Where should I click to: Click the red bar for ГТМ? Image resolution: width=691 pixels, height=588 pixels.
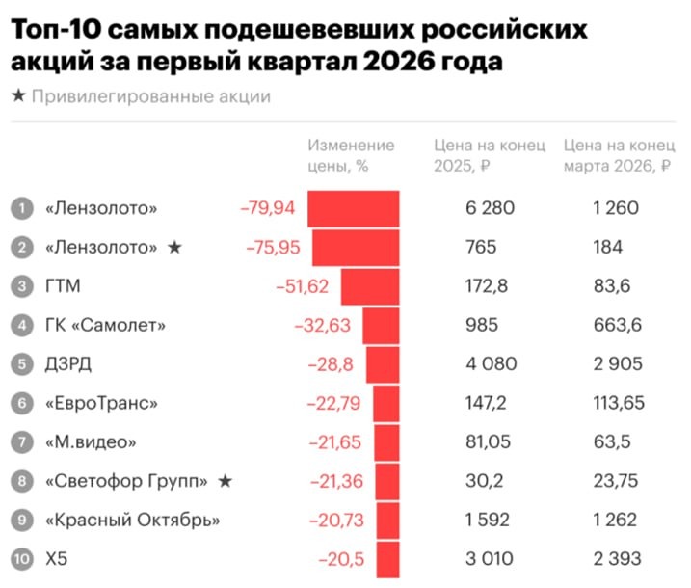(370, 286)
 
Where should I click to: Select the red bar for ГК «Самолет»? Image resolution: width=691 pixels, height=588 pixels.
(381, 326)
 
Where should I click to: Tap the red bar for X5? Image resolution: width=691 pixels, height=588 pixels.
(387, 560)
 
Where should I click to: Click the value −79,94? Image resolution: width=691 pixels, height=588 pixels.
(270, 208)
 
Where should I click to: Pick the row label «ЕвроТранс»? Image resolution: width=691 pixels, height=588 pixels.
(101, 404)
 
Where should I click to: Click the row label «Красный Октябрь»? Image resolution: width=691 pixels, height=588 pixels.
(133, 521)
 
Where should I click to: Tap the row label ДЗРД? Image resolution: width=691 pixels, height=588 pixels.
(69, 364)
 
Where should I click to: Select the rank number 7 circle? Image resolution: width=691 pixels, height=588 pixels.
(22, 442)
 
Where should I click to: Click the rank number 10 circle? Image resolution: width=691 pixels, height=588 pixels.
(22, 560)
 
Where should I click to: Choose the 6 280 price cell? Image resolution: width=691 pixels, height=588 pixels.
(490, 208)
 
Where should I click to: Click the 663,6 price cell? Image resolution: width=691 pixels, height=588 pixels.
(617, 326)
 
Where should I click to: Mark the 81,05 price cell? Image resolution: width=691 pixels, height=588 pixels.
(486, 442)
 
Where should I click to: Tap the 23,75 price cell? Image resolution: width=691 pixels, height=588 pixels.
(614, 482)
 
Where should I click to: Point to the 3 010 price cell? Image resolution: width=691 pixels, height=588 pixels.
(490, 560)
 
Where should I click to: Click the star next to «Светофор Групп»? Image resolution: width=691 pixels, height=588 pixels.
(225, 482)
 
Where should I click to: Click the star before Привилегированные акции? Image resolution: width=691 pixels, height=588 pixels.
(18, 96)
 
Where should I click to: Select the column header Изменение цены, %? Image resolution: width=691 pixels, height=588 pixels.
(351, 155)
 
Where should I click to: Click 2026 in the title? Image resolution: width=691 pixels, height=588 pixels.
(397, 63)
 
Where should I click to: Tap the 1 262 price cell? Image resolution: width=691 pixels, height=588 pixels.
(615, 521)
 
